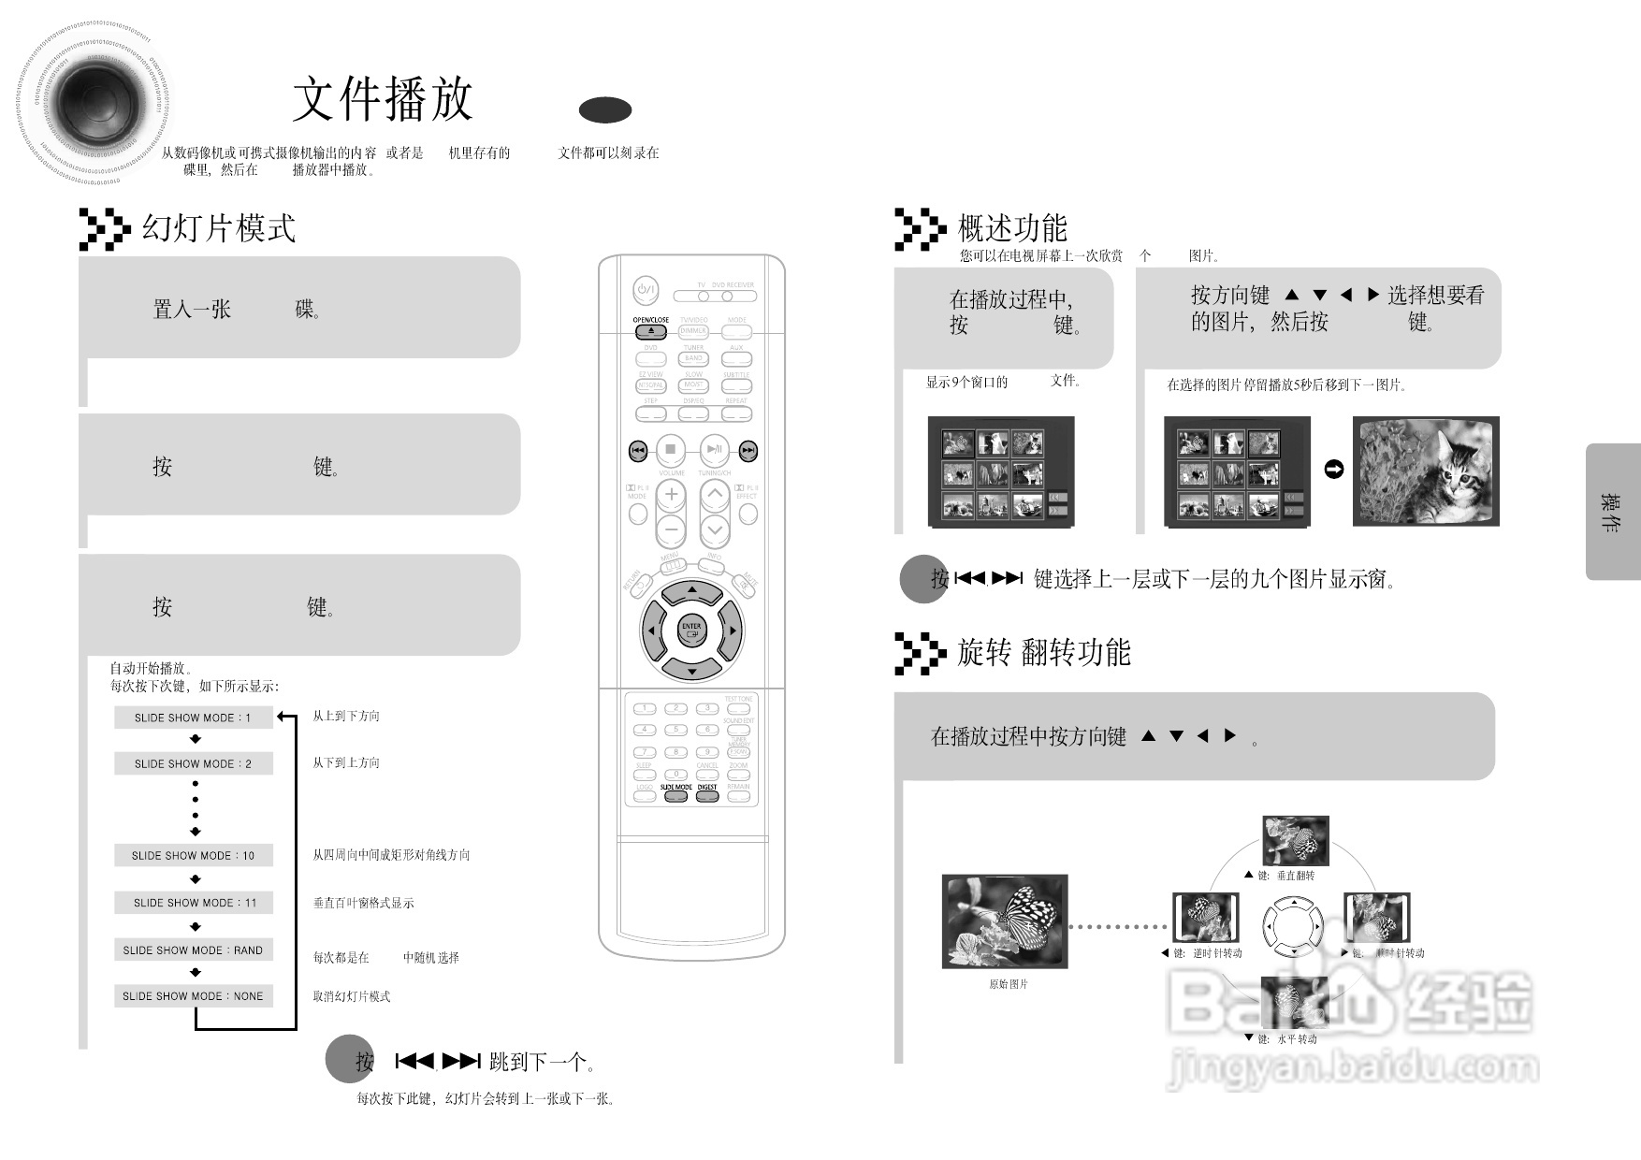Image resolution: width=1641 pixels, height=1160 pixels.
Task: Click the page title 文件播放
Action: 383,100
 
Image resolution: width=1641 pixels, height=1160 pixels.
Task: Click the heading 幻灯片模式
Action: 218,228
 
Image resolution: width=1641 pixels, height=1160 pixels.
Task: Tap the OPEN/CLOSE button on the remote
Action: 651,331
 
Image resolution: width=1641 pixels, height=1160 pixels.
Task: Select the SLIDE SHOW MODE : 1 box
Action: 193,718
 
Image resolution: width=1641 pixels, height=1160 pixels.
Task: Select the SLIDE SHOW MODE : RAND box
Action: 193,950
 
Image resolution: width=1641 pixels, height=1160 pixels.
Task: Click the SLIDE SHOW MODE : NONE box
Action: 193,995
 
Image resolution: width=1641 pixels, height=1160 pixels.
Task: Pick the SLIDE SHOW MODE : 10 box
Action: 193,855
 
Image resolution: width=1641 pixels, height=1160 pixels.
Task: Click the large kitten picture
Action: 1426,471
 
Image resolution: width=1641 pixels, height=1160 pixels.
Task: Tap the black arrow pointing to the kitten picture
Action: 1334,470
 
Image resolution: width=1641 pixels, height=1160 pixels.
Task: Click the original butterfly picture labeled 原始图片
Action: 1005,921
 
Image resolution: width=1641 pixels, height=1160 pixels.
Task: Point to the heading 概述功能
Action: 1012,228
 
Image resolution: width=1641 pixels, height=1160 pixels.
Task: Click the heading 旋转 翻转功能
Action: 1043,652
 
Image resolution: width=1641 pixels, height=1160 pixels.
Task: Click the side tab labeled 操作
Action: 1611,512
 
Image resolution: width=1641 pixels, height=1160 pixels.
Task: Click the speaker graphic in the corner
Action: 94,103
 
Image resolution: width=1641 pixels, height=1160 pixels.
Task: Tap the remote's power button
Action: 646,290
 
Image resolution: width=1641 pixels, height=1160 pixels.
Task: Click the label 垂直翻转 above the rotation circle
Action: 1295,876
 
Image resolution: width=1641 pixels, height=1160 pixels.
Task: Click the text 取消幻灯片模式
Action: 351,996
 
